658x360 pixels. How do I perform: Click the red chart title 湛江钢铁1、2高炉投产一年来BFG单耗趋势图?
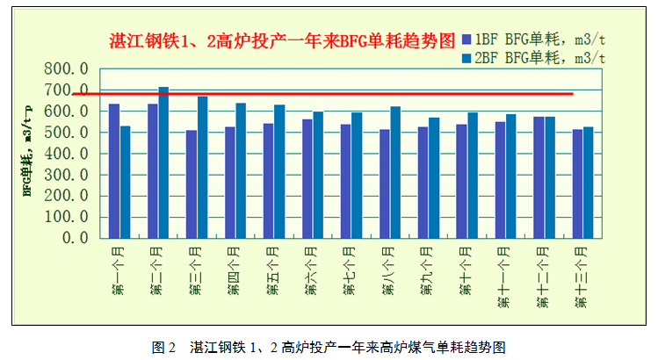point(282,40)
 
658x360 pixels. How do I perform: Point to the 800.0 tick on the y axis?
point(67,69)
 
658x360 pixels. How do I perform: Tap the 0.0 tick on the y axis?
point(77,238)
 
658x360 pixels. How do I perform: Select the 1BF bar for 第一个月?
point(114,170)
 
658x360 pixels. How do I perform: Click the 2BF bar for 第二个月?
point(163,162)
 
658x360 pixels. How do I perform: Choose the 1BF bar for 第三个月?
point(192,184)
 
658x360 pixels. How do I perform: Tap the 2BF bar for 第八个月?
point(395,172)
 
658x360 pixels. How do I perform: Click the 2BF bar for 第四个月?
point(241,170)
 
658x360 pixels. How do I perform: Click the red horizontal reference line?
point(351,93)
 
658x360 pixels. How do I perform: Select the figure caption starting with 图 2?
point(329,346)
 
